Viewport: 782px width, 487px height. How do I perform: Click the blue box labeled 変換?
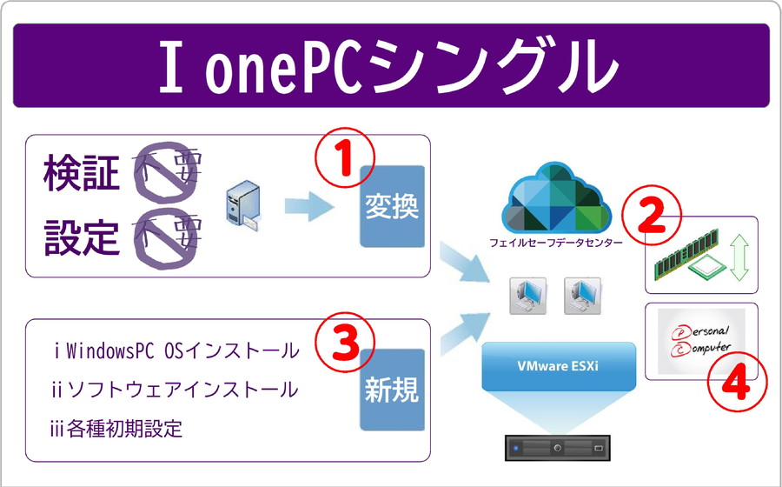(x=392, y=206)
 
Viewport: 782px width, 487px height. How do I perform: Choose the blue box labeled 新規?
(x=392, y=390)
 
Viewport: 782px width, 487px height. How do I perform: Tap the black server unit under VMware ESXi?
(x=559, y=447)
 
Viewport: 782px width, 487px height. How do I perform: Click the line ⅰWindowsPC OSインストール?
(x=176, y=351)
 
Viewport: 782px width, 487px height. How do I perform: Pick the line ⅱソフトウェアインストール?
(x=175, y=390)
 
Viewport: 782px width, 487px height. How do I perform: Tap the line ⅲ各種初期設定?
(x=117, y=429)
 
